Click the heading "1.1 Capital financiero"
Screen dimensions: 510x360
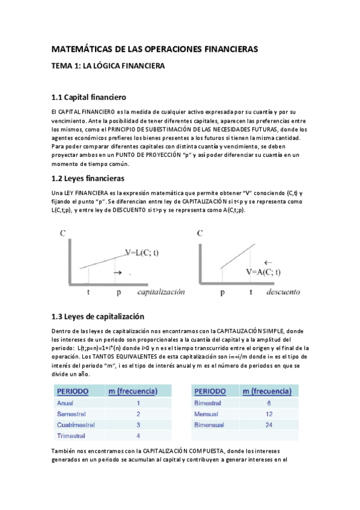[88, 97]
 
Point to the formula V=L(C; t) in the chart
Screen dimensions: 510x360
[142, 253]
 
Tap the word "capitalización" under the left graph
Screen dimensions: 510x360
[160, 292]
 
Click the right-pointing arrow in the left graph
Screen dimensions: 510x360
[117, 273]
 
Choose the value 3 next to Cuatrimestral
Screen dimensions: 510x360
[138, 425]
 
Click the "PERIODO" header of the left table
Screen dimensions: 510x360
[73, 392]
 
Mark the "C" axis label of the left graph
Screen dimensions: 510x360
[63, 234]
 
